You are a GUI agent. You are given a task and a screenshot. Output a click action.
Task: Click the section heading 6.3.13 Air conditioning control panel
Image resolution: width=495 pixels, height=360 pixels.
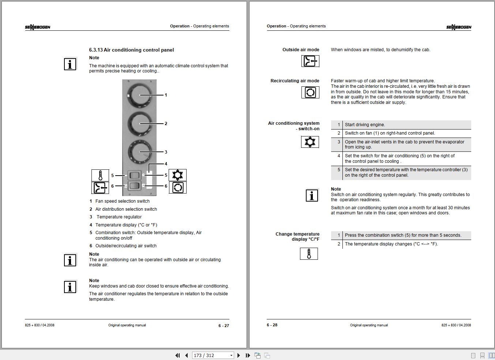[131, 50]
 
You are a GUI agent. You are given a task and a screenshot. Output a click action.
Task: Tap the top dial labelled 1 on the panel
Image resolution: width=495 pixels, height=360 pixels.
[139, 95]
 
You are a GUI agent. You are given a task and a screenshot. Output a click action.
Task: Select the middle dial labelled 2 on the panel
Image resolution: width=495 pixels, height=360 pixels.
[139, 124]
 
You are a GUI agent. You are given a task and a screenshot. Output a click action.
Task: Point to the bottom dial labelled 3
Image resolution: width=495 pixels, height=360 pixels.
[139, 152]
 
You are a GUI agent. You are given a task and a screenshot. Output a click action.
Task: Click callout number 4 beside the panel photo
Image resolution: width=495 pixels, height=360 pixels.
[166, 164]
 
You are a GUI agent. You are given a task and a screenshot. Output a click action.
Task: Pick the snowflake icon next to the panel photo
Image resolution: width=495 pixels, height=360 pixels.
[177, 175]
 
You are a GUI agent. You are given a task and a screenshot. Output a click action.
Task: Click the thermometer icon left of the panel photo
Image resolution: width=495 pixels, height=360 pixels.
[100, 175]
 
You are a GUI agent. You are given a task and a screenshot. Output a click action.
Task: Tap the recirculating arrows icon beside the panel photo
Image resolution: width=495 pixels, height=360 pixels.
[177, 188]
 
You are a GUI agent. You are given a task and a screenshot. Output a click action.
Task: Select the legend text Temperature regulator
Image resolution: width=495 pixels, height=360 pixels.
[119, 217]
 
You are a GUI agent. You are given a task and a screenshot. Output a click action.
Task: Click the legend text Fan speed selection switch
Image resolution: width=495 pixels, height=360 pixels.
[122, 201]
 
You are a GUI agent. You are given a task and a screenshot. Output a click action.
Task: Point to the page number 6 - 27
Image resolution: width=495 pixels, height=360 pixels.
[224, 326]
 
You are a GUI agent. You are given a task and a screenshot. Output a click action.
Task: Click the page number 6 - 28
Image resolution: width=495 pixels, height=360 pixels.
[272, 325]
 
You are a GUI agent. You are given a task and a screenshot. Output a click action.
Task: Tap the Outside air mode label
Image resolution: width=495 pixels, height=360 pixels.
[301, 50]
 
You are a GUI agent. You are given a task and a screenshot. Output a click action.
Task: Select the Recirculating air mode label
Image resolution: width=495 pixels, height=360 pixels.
[295, 81]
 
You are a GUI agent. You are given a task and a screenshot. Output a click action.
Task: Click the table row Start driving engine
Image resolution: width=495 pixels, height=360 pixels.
[365, 125]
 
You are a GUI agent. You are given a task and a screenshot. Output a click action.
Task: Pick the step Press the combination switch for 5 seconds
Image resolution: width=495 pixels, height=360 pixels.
[403, 235]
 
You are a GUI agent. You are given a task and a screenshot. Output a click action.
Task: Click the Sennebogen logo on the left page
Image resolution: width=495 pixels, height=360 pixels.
[38, 27]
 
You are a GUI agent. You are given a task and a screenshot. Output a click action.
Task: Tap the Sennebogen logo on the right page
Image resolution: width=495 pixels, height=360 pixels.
[458, 27]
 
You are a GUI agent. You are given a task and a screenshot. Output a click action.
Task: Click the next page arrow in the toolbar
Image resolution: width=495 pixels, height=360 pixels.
[239, 355]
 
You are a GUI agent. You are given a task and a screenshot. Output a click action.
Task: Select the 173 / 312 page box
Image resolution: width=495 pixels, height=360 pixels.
[210, 355]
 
